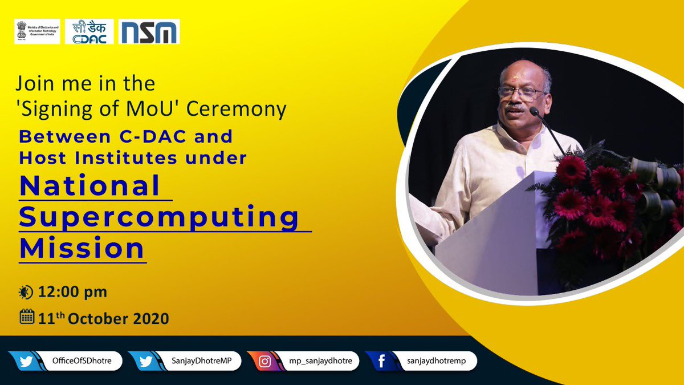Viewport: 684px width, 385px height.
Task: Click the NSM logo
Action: (x=149, y=32)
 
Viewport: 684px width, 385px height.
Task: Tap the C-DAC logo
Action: (x=89, y=32)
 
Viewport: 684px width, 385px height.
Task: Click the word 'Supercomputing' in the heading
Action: (x=159, y=218)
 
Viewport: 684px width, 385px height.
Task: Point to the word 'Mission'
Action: (x=82, y=249)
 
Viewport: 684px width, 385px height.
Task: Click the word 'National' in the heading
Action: (x=90, y=187)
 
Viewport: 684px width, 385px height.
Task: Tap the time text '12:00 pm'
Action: (x=73, y=293)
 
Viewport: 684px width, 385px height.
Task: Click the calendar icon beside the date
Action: (x=27, y=317)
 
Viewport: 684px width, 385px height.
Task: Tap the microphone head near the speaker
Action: (x=534, y=111)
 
